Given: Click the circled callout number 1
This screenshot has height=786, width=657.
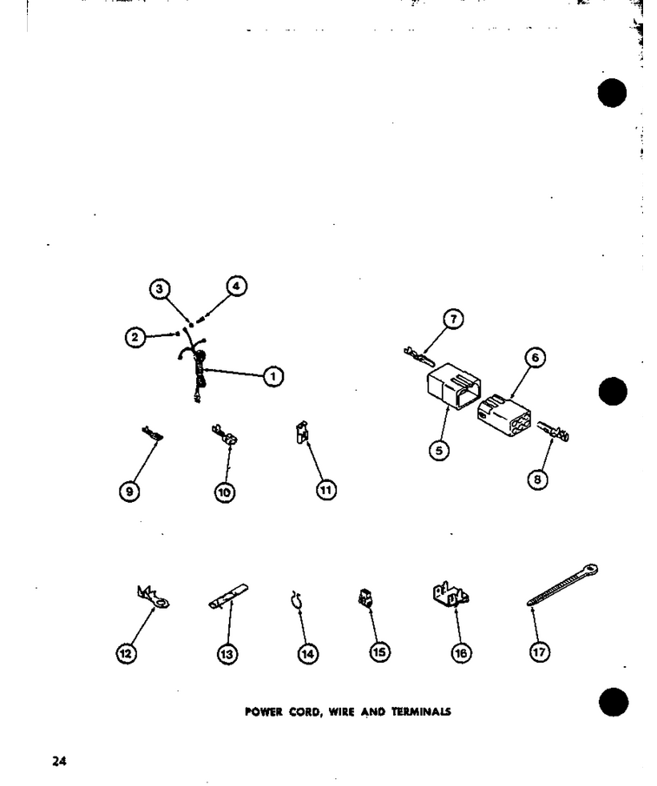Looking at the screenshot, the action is tap(273, 376).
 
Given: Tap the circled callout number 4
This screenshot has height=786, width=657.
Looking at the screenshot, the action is tap(236, 287).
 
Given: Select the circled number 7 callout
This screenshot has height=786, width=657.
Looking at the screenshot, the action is tap(453, 320).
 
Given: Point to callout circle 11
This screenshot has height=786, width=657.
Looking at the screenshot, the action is tap(326, 489).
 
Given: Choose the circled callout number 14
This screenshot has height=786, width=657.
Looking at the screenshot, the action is tap(307, 654).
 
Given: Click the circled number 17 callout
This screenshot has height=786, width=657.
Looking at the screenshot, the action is tap(539, 652).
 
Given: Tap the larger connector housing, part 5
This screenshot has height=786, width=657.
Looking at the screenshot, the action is tap(454, 386).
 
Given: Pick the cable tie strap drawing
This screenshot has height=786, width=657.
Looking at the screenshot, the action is tap(562, 585).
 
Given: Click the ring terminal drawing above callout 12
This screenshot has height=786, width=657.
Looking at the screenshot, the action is tap(154, 597).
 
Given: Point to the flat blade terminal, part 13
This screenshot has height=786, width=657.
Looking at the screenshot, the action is tap(228, 596).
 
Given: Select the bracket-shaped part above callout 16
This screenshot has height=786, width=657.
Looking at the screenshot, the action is tap(450, 594).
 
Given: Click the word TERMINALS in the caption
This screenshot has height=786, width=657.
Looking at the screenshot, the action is tap(421, 712).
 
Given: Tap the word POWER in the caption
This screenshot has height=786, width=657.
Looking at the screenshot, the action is tap(264, 712).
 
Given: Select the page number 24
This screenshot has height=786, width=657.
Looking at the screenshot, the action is tap(59, 761).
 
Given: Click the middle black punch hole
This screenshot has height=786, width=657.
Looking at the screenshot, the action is tap(613, 392).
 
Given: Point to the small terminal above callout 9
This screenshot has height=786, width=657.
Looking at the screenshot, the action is tap(152, 434).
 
